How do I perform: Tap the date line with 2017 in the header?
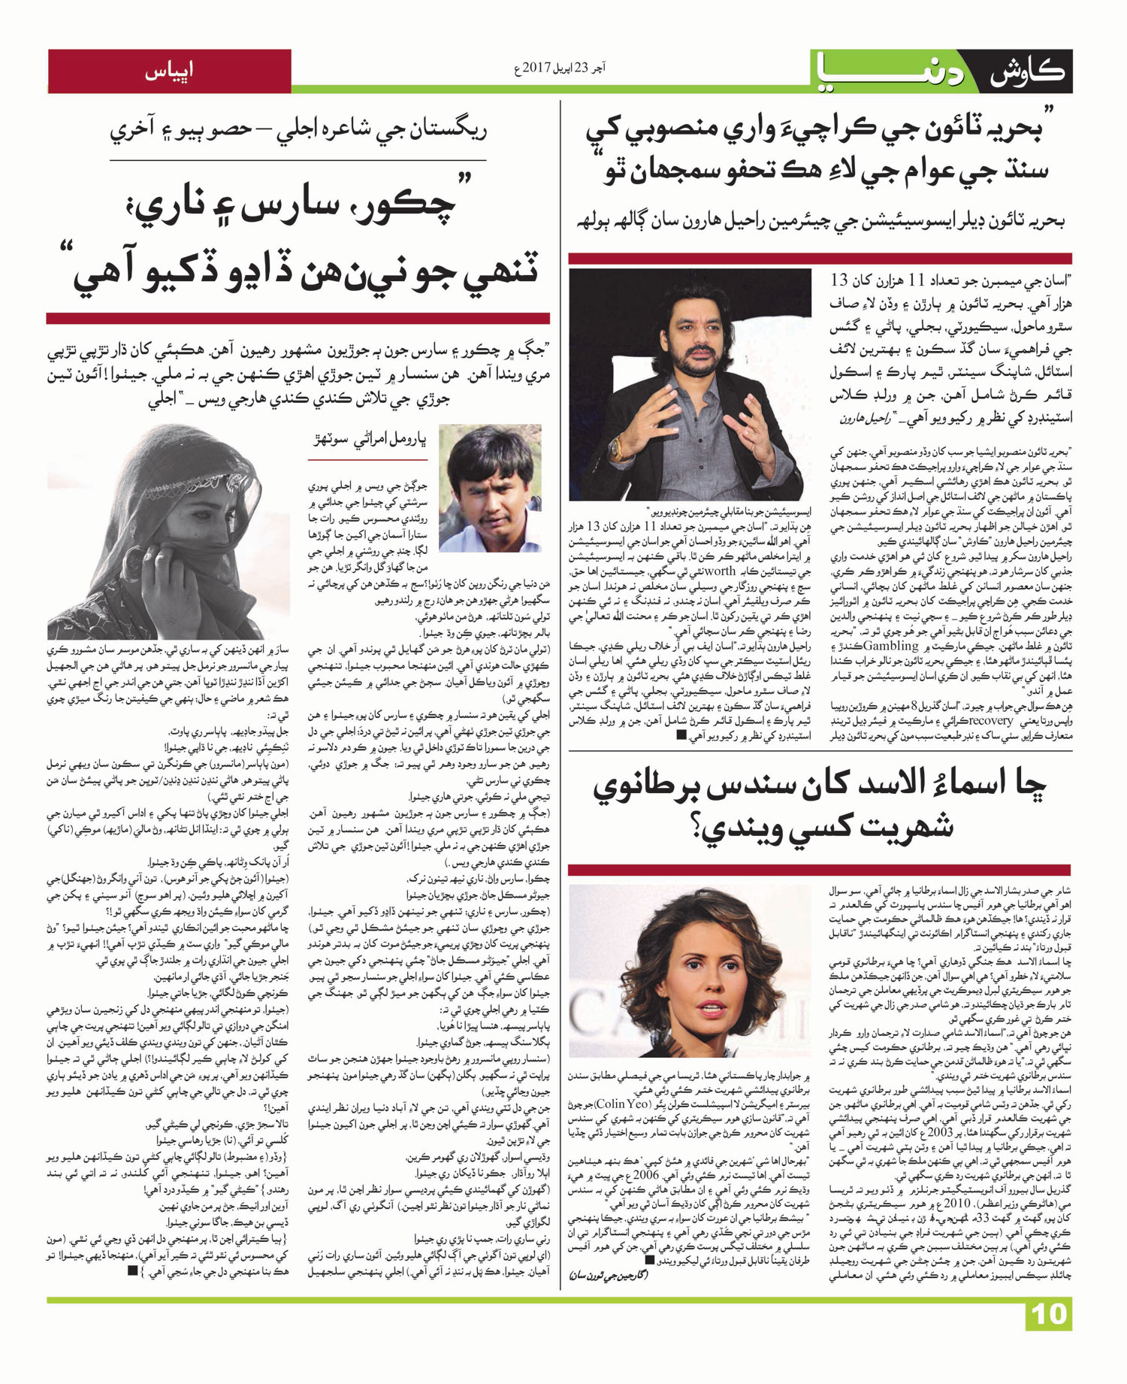click(559, 68)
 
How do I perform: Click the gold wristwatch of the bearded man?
click(618, 450)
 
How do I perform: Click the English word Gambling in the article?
click(892, 646)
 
